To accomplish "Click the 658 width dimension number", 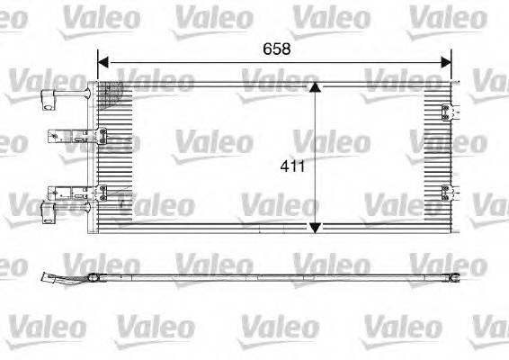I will (x=275, y=49).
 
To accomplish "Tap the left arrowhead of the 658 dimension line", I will (x=103, y=62).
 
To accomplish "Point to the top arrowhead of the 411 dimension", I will (x=314, y=87).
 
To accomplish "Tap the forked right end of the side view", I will (x=457, y=274).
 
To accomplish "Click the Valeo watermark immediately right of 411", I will (x=331, y=141).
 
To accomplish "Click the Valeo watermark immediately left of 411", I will (x=213, y=141).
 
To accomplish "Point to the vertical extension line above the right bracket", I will (x=451, y=72).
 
